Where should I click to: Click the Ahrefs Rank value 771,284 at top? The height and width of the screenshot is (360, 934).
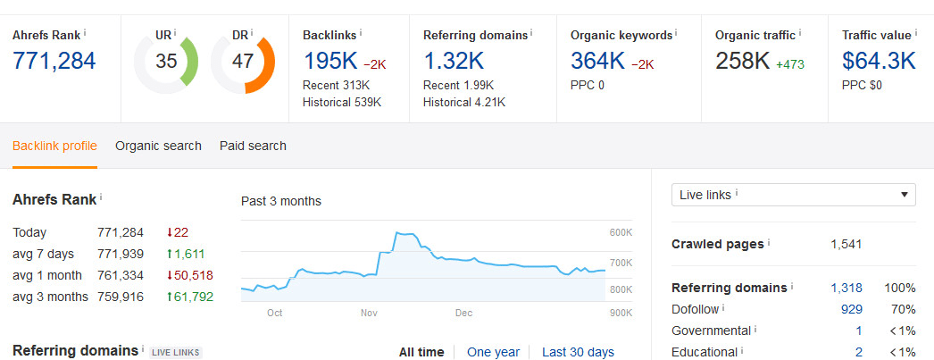54,62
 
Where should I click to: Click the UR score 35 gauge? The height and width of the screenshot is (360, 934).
165,62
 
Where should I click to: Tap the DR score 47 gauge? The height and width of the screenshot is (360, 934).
242,62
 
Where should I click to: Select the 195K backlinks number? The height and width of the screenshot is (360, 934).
329,62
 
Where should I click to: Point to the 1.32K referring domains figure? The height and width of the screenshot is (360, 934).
454,62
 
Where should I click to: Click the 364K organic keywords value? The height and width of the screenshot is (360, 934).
597,62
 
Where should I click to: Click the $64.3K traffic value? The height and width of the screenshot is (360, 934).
879,62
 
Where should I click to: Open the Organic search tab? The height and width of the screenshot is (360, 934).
158,146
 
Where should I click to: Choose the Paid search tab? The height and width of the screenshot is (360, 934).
253,146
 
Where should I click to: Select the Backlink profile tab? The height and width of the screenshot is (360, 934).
54,146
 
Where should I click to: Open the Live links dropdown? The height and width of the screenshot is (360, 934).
793,195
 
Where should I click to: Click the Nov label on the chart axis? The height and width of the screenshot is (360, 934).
370,314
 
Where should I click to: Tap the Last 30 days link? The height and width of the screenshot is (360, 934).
578,352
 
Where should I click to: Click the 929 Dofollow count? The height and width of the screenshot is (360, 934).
851,309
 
